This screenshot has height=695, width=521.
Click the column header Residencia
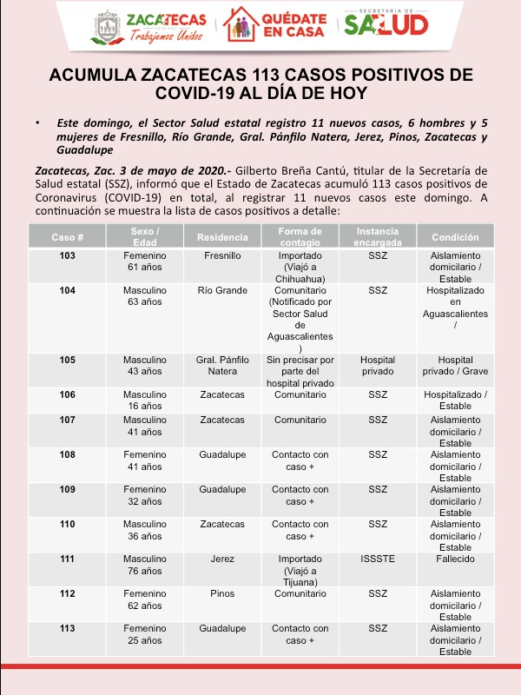222,237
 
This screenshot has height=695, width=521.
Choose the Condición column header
455,237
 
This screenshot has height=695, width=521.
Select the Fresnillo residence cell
222,256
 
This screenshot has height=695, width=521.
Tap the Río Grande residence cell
222,290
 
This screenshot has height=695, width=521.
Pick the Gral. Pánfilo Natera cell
222,365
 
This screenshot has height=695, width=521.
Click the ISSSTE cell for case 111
378,559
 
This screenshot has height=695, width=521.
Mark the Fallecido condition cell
455,559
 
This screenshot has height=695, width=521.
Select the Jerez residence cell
222,559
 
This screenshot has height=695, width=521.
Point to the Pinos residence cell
222,593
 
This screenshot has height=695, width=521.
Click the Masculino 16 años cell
145,400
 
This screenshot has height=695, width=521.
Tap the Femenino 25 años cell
145,633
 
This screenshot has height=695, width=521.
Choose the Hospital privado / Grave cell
455,365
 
